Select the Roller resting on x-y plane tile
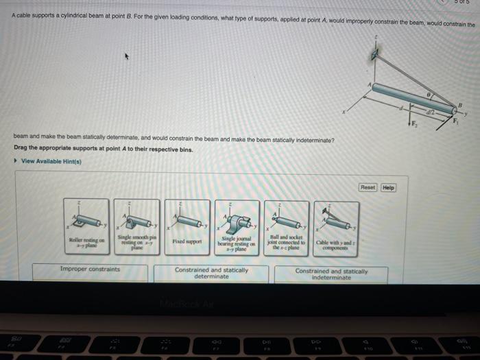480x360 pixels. tap(86, 227)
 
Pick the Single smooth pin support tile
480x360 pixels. tap(136, 227)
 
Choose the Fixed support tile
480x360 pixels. tap(187, 227)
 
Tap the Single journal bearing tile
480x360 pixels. tap(237, 227)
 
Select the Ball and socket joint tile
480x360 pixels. tap(286, 227)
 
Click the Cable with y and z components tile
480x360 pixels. tap(336, 227)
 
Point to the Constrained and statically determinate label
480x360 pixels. tap(211, 273)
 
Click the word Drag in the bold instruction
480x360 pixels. tap(20, 149)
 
